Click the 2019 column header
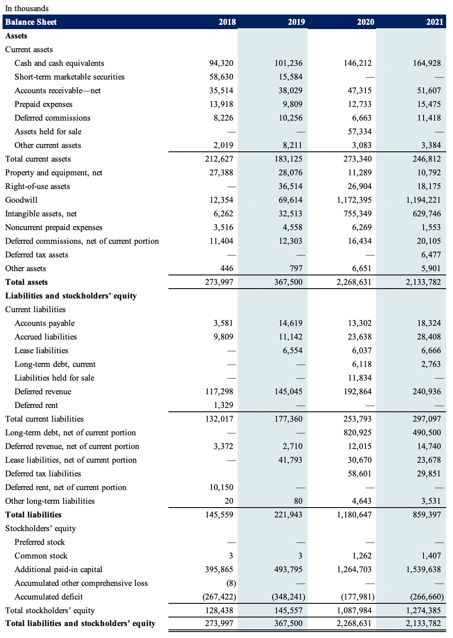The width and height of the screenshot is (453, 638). coord(296,22)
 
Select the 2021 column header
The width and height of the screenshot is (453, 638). coord(435,22)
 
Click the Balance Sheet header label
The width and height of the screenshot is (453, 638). coord(31,22)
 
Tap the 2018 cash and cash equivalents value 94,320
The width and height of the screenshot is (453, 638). coord(221,63)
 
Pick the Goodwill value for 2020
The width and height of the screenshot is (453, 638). coord(354,200)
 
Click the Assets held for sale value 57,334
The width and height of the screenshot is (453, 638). coord(359,132)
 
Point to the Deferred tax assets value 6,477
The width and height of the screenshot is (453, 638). coord(431,255)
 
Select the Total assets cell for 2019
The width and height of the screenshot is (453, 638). coord(288,282)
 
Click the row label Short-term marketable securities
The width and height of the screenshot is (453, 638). coord(70,77)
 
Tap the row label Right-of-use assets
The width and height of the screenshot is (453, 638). coord(38,186)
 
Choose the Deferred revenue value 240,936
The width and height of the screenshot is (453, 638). coord(427,392)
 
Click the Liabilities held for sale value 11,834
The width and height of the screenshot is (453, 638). coord(359,378)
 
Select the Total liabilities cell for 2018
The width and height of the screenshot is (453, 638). coord(219,515)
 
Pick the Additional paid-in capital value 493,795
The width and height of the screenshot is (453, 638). coord(288,570)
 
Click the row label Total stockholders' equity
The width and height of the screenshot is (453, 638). coord(50,611)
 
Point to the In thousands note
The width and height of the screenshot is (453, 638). coord(27,8)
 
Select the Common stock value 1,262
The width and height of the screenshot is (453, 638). coord(362,556)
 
